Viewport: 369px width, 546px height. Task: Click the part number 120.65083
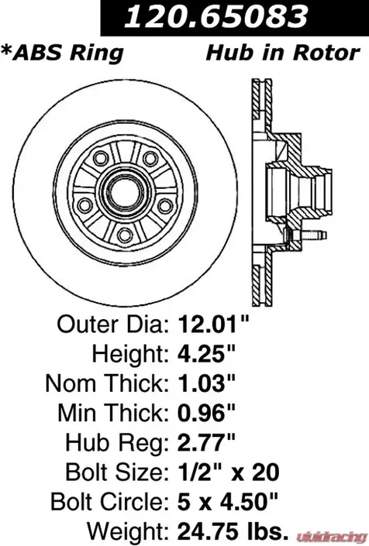pyautogui.click(x=216, y=16)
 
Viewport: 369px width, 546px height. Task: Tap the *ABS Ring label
pyautogui.click(x=62, y=53)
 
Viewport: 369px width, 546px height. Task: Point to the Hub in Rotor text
pyautogui.click(x=283, y=53)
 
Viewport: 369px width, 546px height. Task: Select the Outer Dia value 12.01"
pyautogui.click(x=214, y=325)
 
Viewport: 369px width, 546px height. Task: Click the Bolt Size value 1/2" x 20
pyautogui.click(x=229, y=472)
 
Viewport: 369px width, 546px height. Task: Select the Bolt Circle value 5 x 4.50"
pyautogui.click(x=228, y=502)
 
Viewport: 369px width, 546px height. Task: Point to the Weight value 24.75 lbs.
pyautogui.click(x=233, y=531)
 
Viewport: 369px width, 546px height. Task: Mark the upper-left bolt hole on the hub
pyautogui.click(x=100, y=158)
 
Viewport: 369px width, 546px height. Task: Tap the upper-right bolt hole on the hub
pyautogui.click(x=150, y=159)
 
